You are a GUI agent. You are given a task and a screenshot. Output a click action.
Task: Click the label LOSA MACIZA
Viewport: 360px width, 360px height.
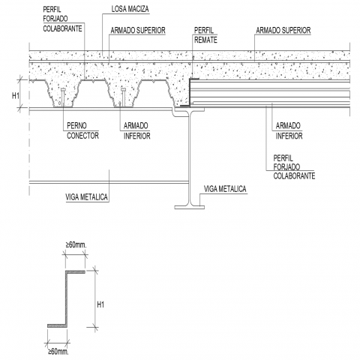click(130, 9)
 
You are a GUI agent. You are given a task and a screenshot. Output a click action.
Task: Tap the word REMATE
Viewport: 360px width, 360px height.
click(205, 40)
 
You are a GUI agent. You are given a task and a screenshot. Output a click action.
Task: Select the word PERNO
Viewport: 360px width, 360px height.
click(76, 125)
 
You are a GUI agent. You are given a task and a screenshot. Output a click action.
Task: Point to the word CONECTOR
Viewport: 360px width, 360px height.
click(82, 136)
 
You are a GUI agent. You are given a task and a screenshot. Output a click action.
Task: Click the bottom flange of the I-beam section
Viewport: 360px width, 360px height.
click(190, 207)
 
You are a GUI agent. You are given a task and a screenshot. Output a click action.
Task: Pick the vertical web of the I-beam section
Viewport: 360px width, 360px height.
click(190, 158)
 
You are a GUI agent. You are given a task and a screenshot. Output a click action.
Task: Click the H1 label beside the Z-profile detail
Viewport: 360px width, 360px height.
click(100, 304)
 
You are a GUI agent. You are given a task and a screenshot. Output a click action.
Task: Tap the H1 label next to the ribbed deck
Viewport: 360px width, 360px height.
click(16, 95)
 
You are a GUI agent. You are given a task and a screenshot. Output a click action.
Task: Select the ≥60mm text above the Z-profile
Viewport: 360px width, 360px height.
click(76, 245)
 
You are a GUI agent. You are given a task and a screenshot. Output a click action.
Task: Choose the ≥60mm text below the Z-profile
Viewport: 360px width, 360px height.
click(58, 352)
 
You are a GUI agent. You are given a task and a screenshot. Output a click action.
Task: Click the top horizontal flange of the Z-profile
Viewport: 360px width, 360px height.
click(76, 271)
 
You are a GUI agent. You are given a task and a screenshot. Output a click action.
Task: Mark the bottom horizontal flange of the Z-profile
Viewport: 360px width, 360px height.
click(58, 325)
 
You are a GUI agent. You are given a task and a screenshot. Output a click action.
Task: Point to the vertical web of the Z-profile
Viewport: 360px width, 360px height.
click(67, 298)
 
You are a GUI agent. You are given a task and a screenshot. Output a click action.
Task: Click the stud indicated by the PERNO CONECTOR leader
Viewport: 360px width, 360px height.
click(63, 97)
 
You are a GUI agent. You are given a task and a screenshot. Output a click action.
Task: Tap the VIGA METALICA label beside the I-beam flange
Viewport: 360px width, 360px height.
click(225, 189)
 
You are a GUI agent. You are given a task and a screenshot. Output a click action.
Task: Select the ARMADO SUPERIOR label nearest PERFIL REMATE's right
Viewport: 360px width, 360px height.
click(283, 31)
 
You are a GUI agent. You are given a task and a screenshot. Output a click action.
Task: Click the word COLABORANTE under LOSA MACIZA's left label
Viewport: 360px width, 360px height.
click(62, 28)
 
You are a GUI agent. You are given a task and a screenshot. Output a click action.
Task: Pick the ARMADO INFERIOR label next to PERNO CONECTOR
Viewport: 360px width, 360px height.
click(137, 130)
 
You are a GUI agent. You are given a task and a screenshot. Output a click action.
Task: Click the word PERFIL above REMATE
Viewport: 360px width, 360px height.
click(204, 30)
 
